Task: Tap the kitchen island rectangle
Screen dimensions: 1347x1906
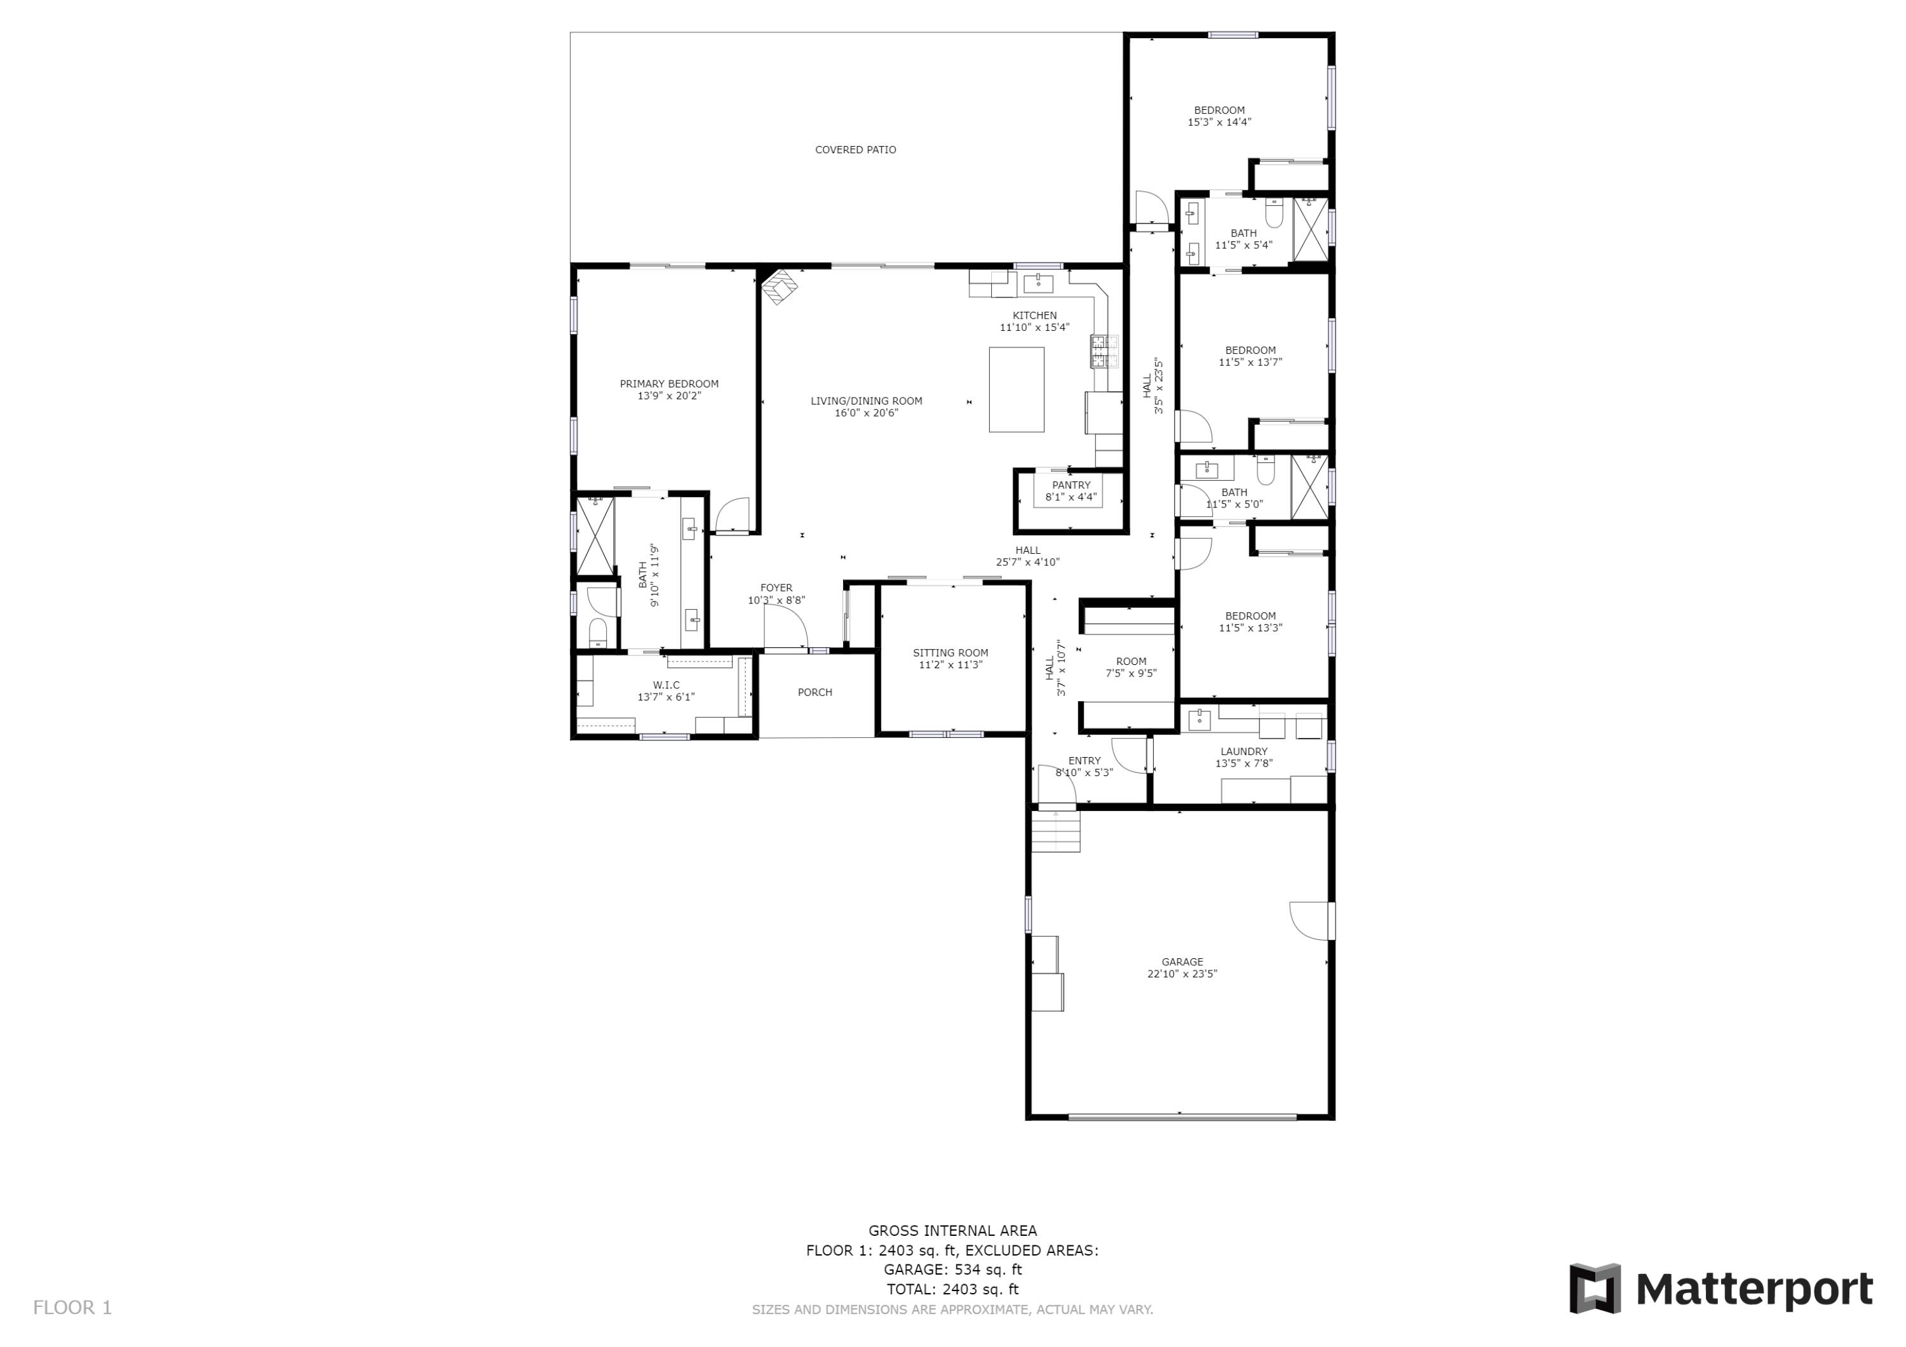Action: click(x=1016, y=389)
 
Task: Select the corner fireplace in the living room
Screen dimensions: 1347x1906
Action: click(x=780, y=286)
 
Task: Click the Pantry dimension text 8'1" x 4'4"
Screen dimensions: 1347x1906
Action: click(x=1071, y=497)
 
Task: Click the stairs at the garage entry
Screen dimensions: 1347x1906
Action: click(x=1056, y=831)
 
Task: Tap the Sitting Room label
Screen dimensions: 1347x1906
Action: click(x=950, y=653)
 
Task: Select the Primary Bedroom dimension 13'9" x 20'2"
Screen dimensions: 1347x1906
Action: click(x=669, y=396)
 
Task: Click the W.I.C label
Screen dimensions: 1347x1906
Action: click(x=666, y=685)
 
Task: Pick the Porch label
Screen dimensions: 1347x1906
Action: click(x=814, y=692)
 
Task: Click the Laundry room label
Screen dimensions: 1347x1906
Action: click(x=1243, y=752)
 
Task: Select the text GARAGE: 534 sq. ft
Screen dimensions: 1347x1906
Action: click(x=952, y=1269)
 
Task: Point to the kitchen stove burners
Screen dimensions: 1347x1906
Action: click(x=1104, y=351)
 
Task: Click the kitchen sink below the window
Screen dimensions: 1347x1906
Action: click(x=1037, y=283)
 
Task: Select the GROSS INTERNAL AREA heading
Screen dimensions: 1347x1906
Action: click(x=952, y=1231)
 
